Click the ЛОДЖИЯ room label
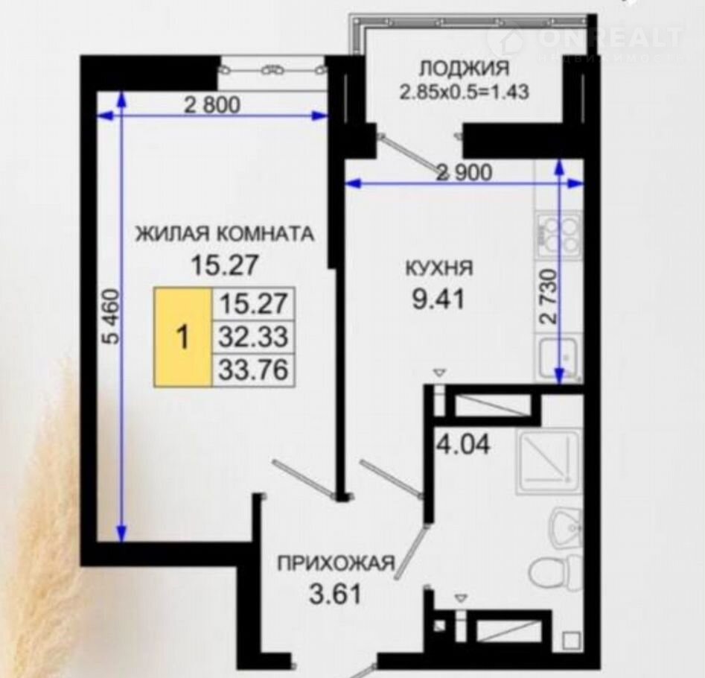[x=464, y=69]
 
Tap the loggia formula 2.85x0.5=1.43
[x=464, y=92]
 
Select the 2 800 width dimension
[x=213, y=105]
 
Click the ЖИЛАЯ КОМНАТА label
[x=225, y=235]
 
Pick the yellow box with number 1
[x=182, y=338]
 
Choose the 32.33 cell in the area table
[x=253, y=337]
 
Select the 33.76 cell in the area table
[x=253, y=370]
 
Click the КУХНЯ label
[x=439, y=268]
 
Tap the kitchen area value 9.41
[x=438, y=300]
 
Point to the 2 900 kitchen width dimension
[x=465, y=172]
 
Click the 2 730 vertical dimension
[x=549, y=297]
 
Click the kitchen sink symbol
[x=559, y=358]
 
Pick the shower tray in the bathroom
[x=549, y=462]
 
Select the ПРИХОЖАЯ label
[x=336, y=563]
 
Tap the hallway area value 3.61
[x=336, y=594]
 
